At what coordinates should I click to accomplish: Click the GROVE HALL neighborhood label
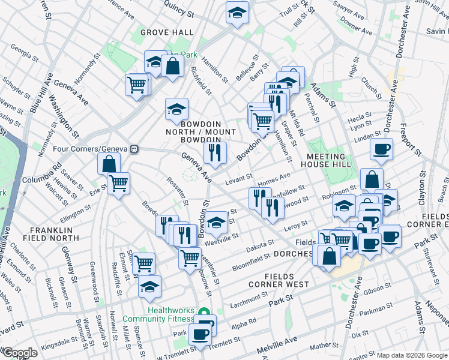(x=167, y=32)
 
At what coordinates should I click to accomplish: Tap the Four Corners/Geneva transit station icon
(x=136, y=148)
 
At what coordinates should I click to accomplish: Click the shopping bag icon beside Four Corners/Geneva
(x=109, y=163)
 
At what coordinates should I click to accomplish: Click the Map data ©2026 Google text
(x=412, y=355)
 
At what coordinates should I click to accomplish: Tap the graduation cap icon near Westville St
(x=217, y=221)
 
